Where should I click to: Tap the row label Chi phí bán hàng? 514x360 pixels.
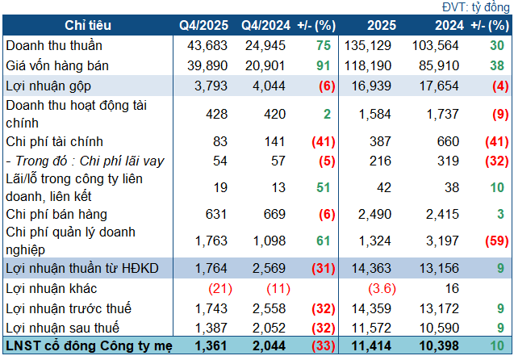(x=56, y=214)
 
